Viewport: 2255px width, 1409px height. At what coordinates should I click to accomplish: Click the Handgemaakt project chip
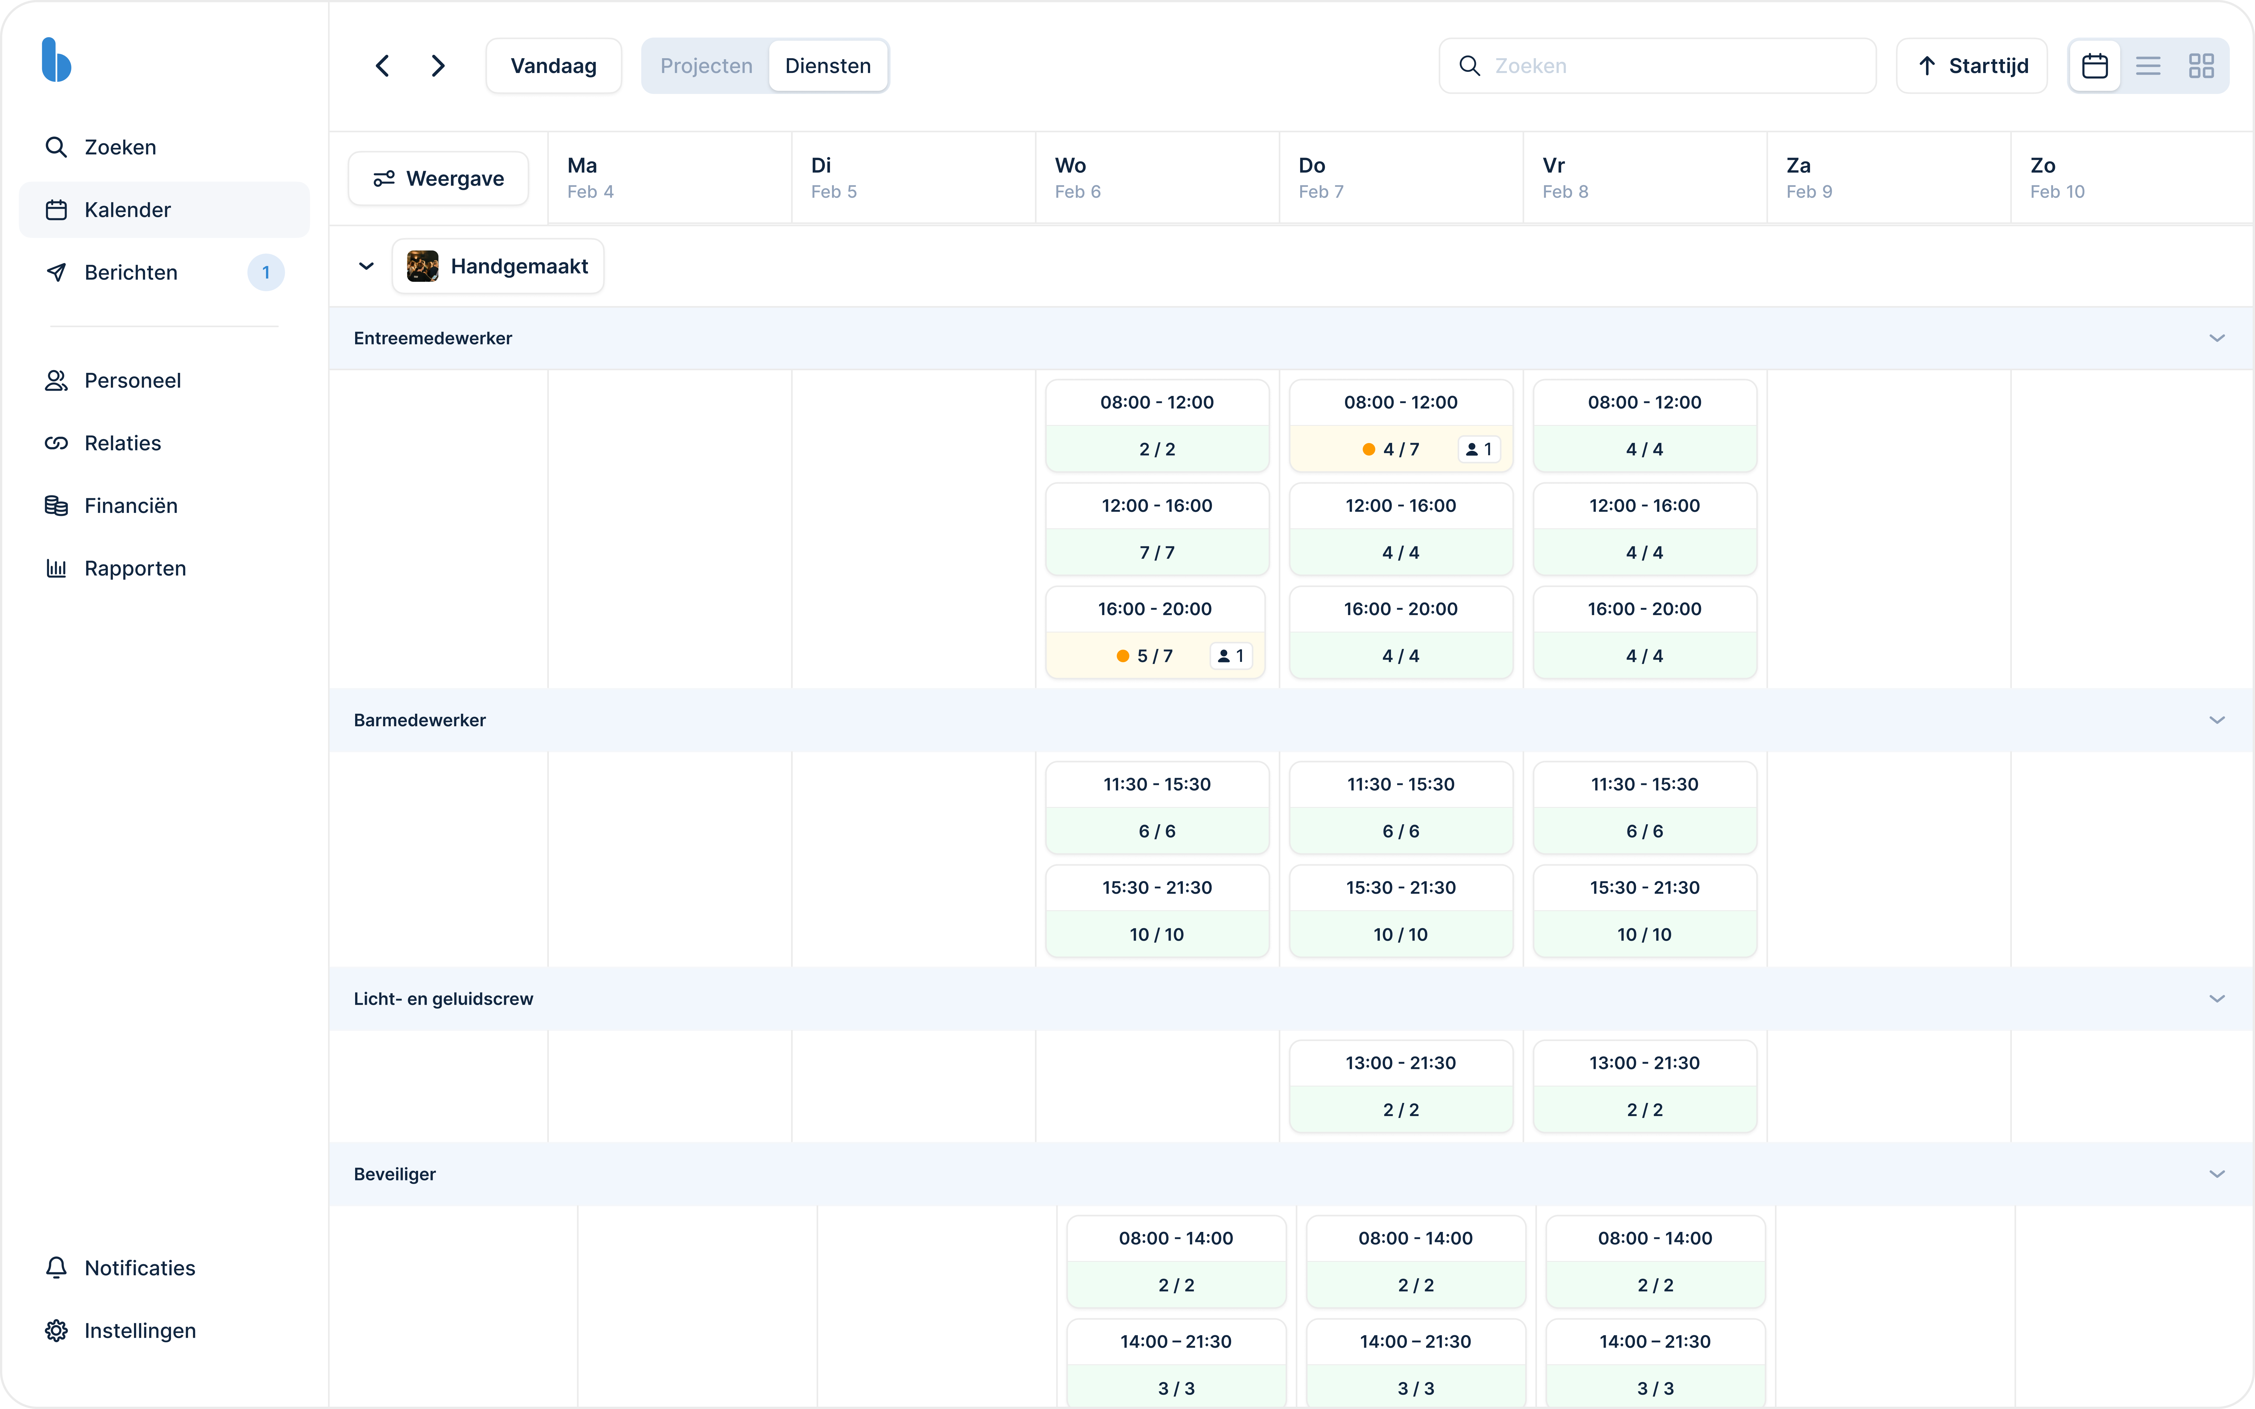point(499,266)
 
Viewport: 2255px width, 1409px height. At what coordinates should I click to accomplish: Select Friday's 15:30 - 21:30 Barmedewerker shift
point(1645,911)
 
